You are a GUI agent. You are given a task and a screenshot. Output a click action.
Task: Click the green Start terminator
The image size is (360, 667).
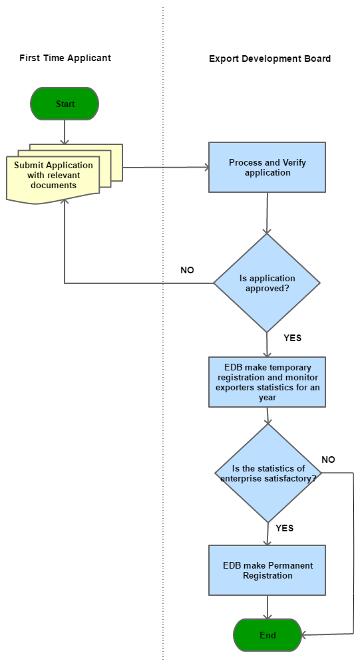pyautogui.click(x=65, y=104)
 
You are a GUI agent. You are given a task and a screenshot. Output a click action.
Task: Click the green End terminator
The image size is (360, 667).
pyautogui.click(x=268, y=635)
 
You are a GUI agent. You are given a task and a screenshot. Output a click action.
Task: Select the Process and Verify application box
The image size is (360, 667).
pyautogui.click(x=267, y=168)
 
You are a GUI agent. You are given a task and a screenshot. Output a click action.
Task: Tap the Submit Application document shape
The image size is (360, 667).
pyautogui.click(x=53, y=176)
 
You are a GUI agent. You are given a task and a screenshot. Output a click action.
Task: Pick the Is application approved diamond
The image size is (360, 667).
pyautogui.click(x=267, y=283)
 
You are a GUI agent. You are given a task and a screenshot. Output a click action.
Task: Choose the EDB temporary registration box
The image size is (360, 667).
pyautogui.click(x=267, y=382)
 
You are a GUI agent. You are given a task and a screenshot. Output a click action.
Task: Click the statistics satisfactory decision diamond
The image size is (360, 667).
pyautogui.click(x=268, y=473)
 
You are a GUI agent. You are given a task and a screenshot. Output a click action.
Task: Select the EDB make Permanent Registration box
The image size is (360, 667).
pyautogui.click(x=267, y=571)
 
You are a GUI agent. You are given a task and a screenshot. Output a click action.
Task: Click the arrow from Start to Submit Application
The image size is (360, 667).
pyautogui.click(x=65, y=132)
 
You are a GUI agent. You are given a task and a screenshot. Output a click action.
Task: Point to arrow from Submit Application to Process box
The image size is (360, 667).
pyautogui.click(x=166, y=168)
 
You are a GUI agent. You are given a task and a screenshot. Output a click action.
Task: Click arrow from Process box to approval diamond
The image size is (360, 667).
pyautogui.click(x=267, y=213)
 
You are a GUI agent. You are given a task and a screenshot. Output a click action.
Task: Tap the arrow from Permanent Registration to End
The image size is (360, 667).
pyautogui.click(x=268, y=606)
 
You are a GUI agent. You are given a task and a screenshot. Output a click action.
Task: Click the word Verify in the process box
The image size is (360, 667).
pyautogui.click(x=294, y=163)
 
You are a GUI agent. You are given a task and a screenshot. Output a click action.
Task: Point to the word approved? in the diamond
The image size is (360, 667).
pyautogui.click(x=268, y=289)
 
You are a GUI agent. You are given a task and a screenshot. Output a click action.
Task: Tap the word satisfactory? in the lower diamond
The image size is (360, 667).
pyautogui.click(x=288, y=478)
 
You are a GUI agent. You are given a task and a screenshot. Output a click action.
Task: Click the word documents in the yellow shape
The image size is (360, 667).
pyautogui.click(x=53, y=186)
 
